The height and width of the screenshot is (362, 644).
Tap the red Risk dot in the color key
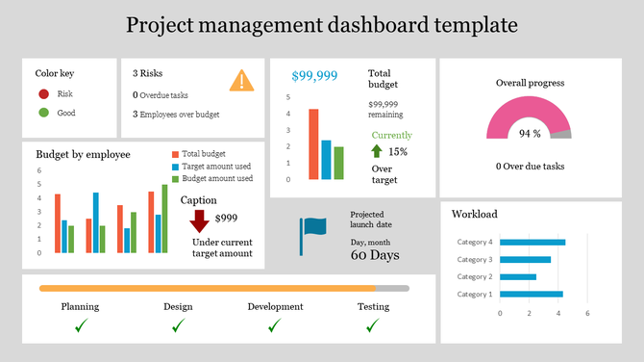(x=43, y=94)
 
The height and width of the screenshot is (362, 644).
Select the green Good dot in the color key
(x=43, y=114)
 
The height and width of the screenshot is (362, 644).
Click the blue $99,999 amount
(x=314, y=75)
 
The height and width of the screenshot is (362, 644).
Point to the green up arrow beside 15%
(x=377, y=151)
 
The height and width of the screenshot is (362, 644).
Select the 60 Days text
(x=375, y=256)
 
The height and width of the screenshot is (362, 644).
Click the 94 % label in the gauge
(x=530, y=134)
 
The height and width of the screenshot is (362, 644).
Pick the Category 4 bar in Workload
(x=533, y=243)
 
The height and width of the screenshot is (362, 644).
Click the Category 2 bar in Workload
(x=518, y=277)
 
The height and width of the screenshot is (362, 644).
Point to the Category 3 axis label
(x=475, y=260)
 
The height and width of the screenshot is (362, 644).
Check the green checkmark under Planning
(x=81, y=326)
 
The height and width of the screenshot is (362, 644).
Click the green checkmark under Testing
(x=373, y=326)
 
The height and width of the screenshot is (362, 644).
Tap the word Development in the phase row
(x=275, y=307)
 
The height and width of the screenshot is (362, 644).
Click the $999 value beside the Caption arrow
(x=227, y=219)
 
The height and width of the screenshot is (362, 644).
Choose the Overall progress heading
(x=530, y=83)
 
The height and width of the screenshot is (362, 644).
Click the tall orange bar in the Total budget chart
(x=313, y=144)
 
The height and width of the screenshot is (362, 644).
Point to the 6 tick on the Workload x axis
(x=587, y=313)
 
